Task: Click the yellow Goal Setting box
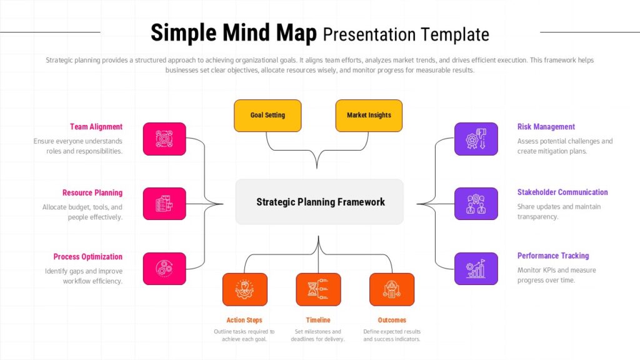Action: tap(267, 116)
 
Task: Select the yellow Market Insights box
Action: tap(369, 116)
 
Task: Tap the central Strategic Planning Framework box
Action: tap(319, 202)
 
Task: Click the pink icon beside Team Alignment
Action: tap(164, 139)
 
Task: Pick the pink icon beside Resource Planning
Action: tap(164, 204)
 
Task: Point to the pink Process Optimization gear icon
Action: tap(164, 269)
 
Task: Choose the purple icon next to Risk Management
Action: tap(476, 139)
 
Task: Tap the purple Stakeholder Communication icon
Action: tap(476, 204)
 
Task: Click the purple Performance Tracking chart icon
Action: tap(476, 269)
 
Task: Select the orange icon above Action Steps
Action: tap(244, 289)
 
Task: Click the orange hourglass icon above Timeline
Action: tap(318, 289)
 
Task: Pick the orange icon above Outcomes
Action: tap(392, 289)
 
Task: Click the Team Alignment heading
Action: tap(96, 127)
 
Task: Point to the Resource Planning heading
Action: tap(92, 193)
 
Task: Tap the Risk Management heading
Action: tap(546, 127)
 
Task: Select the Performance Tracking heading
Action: tap(553, 256)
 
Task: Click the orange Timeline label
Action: tap(318, 320)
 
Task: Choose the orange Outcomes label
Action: tap(392, 320)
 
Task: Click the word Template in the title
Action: tap(454, 34)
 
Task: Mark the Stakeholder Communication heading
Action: tap(562, 192)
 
